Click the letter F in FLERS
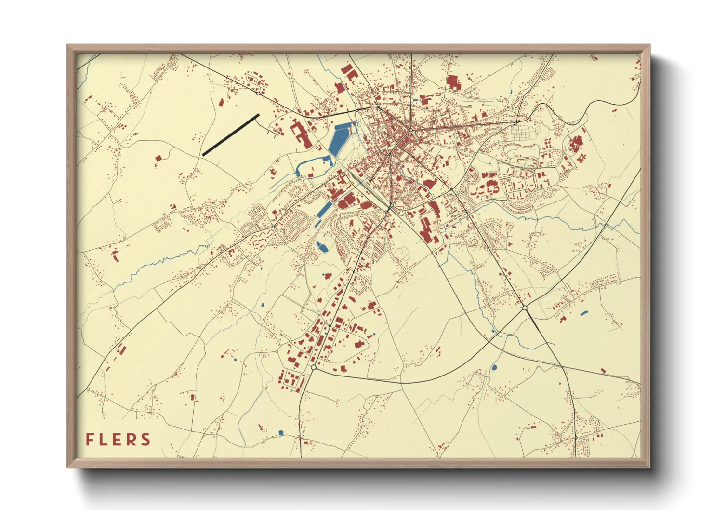pos(90,440)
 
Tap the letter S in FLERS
pos(145,440)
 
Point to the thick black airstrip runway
pos(231,135)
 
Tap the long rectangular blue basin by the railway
pos(325,209)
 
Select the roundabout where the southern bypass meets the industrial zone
pos(314,367)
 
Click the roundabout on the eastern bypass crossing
pos(525,307)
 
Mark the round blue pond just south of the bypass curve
pos(494,368)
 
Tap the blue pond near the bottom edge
pos(280,432)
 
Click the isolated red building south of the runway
pos(158,158)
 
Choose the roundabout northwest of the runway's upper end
pos(259,93)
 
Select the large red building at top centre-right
pos(453,82)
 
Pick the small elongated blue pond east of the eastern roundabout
pos(584,313)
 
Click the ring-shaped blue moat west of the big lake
pos(313,166)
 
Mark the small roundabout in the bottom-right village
pos(575,437)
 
